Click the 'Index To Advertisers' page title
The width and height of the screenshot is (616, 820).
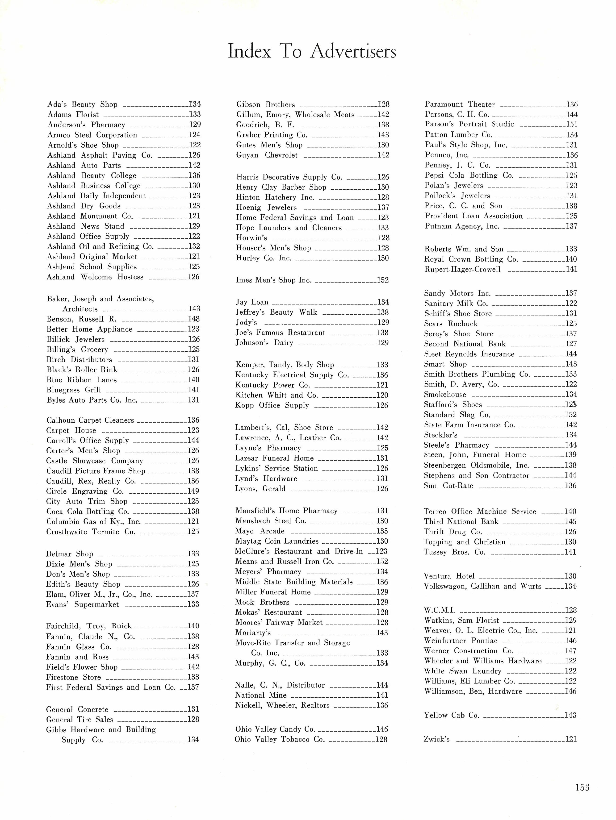[x=311, y=51]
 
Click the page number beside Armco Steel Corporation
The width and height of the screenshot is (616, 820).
[x=194, y=135]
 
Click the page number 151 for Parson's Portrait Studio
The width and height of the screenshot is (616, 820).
[x=571, y=125]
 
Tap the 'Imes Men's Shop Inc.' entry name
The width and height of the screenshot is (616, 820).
[x=274, y=280]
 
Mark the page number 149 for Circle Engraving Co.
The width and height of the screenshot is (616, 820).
[x=193, y=491]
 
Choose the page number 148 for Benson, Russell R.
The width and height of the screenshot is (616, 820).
[x=194, y=319]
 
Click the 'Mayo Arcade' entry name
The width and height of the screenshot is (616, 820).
[x=260, y=531]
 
